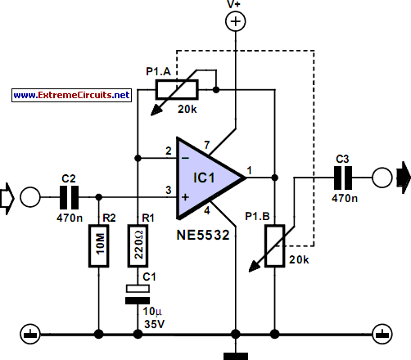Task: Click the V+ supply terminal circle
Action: [x=236, y=21]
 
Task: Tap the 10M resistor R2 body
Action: [x=99, y=245]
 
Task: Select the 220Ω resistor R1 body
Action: [x=138, y=245]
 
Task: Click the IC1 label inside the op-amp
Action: [x=204, y=178]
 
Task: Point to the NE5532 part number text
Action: [x=203, y=235]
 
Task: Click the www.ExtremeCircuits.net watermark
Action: [x=71, y=95]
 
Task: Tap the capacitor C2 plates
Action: [x=70, y=197]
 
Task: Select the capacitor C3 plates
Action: [x=343, y=178]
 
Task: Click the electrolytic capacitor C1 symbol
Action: [x=138, y=295]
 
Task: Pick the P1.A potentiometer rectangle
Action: [x=177, y=89]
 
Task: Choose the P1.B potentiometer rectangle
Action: [x=275, y=245]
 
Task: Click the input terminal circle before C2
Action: [x=30, y=197]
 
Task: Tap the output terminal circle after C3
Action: [x=382, y=178]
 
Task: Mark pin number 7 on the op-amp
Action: [x=207, y=145]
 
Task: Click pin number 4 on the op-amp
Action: [x=207, y=211]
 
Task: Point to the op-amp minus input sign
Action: [x=186, y=158]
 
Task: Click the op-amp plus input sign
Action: [x=186, y=197]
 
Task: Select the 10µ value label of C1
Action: [x=152, y=311]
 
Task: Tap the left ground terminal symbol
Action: [x=30, y=334]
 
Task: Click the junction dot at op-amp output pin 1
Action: [x=275, y=178]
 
